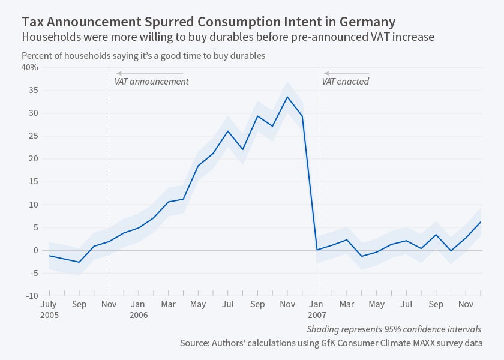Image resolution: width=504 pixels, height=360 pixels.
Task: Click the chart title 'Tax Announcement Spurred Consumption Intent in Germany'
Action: click(x=208, y=22)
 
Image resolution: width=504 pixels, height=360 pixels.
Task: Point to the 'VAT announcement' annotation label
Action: click(x=151, y=81)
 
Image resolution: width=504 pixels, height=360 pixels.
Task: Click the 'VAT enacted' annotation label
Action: click(x=346, y=81)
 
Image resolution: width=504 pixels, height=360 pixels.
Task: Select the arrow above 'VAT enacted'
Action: click(x=346, y=73)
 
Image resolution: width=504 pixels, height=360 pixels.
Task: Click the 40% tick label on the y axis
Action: click(x=29, y=67)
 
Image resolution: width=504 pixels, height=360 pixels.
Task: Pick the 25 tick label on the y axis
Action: click(x=33, y=136)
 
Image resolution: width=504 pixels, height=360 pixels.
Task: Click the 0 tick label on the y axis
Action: click(x=35, y=250)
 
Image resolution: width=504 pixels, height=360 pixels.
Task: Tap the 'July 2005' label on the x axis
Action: click(x=49, y=310)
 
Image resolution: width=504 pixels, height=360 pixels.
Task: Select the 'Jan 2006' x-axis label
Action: click(x=138, y=310)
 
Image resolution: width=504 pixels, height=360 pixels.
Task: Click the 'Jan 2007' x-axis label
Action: click(x=317, y=310)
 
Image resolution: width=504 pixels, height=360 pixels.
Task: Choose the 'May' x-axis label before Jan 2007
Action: click(x=197, y=304)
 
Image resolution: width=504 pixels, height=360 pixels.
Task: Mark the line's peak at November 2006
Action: click(x=287, y=97)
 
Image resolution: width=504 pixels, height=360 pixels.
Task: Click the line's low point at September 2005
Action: click(x=79, y=262)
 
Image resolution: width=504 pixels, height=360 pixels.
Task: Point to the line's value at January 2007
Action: click(x=317, y=250)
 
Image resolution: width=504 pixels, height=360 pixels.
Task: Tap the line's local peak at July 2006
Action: click(x=227, y=131)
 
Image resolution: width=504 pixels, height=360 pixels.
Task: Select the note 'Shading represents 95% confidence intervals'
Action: click(x=394, y=329)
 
